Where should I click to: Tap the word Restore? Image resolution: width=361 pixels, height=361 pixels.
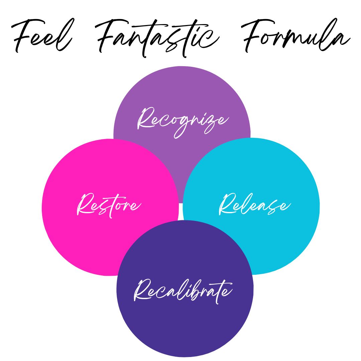(109, 205)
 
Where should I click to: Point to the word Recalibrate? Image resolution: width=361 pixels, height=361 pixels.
(183, 290)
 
